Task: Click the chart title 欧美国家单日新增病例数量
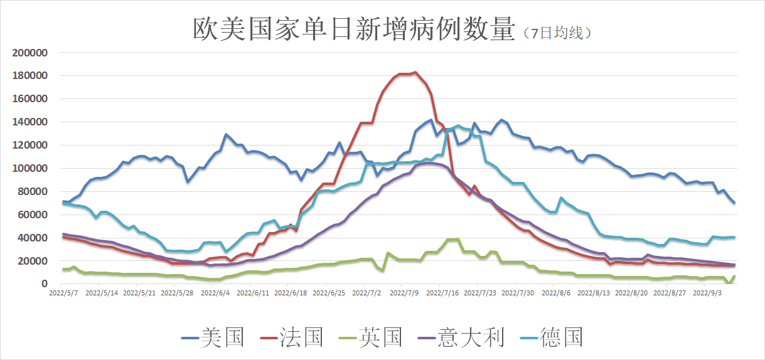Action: tap(353, 29)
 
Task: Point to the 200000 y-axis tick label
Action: tap(31, 53)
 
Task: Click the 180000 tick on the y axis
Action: tap(31, 76)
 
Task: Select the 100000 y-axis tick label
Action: tap(31, 168)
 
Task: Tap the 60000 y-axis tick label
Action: tap(33, 214)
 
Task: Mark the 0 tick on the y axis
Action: tap(44, 284)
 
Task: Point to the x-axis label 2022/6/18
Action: tap(289, 292)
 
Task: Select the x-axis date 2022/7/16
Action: tap(441, 292)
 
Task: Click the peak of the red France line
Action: tap(415, 72)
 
